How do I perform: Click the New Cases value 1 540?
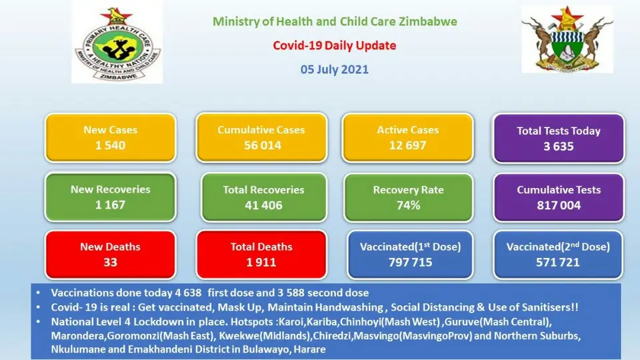click(110, 145)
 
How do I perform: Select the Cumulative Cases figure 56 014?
click(263, 145)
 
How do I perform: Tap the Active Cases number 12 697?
click(407, 145)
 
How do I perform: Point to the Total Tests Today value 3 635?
click(559, 146)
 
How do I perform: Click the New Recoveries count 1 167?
click(110, 205)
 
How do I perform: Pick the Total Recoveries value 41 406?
click(263, 205)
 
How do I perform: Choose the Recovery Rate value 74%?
click(408, 205)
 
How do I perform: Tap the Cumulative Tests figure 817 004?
click(559, 205)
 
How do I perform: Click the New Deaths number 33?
click(110, 262)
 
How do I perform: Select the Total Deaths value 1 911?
click(261, 262)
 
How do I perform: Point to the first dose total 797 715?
click(410, 262)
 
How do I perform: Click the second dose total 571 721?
click(557, 262)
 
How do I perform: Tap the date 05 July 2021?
click(334, 69)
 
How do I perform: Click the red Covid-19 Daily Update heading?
click(334, 45)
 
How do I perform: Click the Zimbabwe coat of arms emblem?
click(567, 39)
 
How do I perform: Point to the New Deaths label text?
click(110, 247)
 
